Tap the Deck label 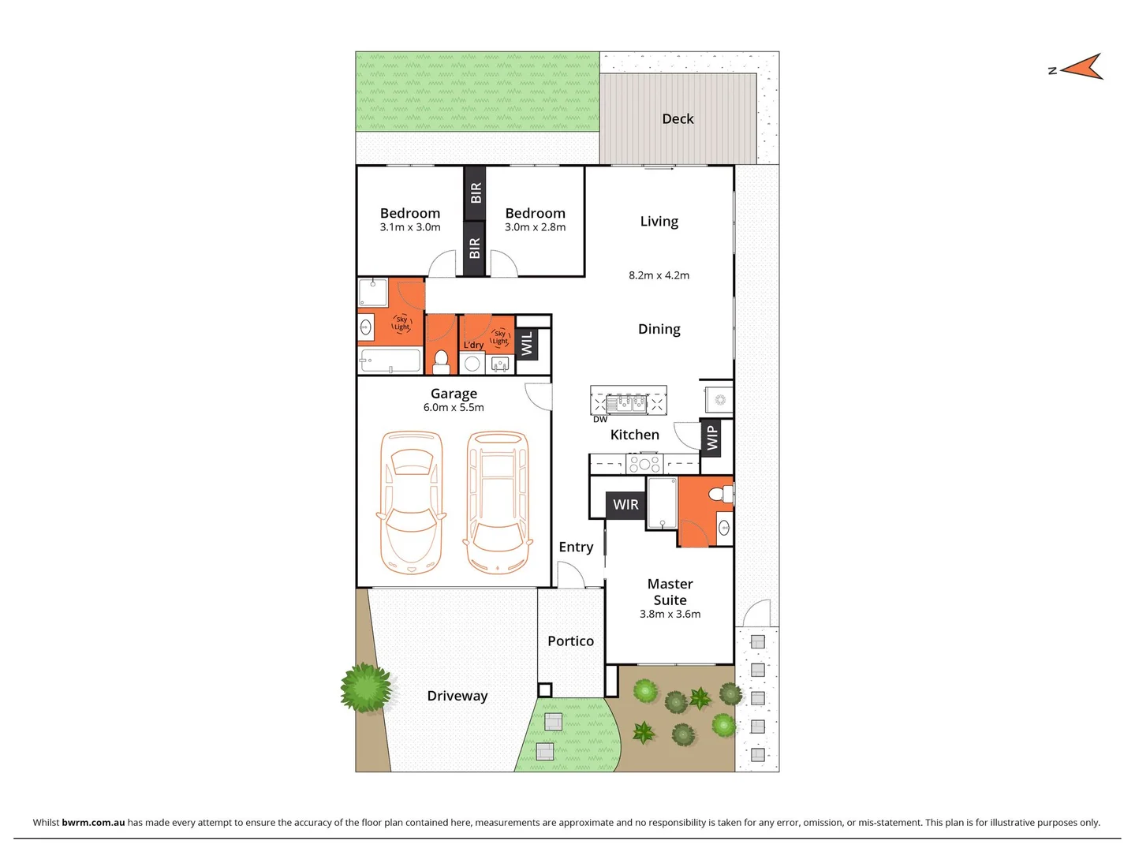coord(678,119)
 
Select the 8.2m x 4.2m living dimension coord(659,275)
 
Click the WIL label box coord(527,343)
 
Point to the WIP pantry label coord(712,438)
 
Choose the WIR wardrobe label coord(625,505)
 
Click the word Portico coord(570,641)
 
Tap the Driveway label coord(457,696)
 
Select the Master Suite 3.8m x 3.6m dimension coord(670,615)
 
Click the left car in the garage coord(412,502)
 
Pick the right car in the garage coord(497,502)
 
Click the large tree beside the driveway coord(365,687)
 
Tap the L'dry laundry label coord(473,346)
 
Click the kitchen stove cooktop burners coord(644,463)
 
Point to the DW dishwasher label coord(600,420)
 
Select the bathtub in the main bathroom coord(390,361)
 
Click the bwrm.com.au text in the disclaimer coord(93,822)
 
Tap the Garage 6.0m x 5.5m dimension coord(454,408)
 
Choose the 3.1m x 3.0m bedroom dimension coord(410,227)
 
